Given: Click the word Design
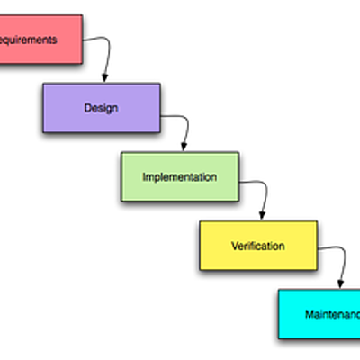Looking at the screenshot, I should pos(101,108).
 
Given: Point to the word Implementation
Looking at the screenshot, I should pos(180,177).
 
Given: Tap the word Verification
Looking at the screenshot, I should pos(257,246).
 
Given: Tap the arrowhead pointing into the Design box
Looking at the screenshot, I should pos(104,78).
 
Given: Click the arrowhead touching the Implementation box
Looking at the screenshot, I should pos(184,147).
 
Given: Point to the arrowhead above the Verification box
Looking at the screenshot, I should pos(262,216).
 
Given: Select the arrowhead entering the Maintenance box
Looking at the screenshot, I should pos(340,284).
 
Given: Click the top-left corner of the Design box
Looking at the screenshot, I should pos(43,84).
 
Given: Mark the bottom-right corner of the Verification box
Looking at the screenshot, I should pos(317,268).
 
